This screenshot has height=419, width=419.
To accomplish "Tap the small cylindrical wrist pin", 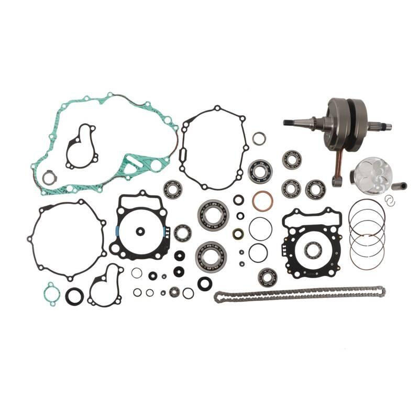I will (402, 185).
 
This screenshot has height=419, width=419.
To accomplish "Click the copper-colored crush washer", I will (261, 201).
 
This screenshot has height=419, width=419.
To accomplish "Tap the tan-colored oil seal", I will (238, 233).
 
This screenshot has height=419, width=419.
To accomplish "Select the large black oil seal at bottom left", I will (74, 296).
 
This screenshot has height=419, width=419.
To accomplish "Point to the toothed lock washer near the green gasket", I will (49, 178).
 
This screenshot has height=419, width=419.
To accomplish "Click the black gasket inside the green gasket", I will (81, 147).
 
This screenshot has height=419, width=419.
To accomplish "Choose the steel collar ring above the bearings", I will (259, 138).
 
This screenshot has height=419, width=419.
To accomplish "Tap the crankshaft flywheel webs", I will (346, 118).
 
